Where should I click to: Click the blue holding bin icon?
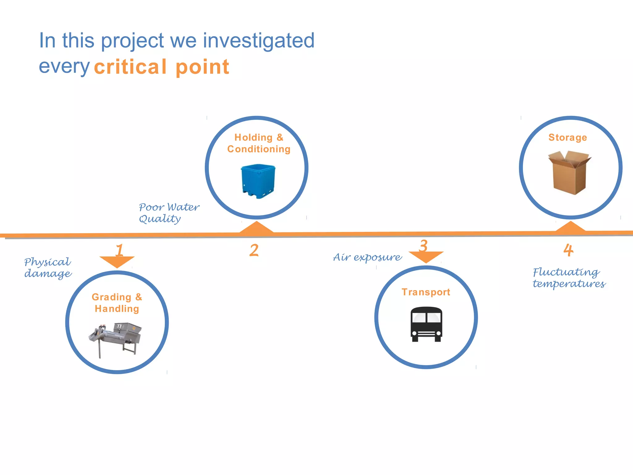tap(258, 181)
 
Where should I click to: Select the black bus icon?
tap(426, 324)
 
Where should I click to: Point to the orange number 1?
tap(119, 250)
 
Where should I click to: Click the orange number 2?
tap(254, 250)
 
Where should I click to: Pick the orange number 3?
tap(423, 246)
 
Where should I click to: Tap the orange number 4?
tap(568, 250)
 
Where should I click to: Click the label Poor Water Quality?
tap(168, 213)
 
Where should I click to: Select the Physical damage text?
tap(48, 267)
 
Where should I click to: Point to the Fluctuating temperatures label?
tap(569, 278)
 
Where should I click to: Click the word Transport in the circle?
tap(426, 292)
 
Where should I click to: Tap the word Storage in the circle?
tap(567, 137)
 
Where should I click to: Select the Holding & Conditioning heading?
tap(259, 143)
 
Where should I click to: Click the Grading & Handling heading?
tap(117, 303)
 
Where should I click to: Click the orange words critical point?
tap(161, 67)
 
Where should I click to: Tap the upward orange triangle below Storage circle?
tap(570, 227)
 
